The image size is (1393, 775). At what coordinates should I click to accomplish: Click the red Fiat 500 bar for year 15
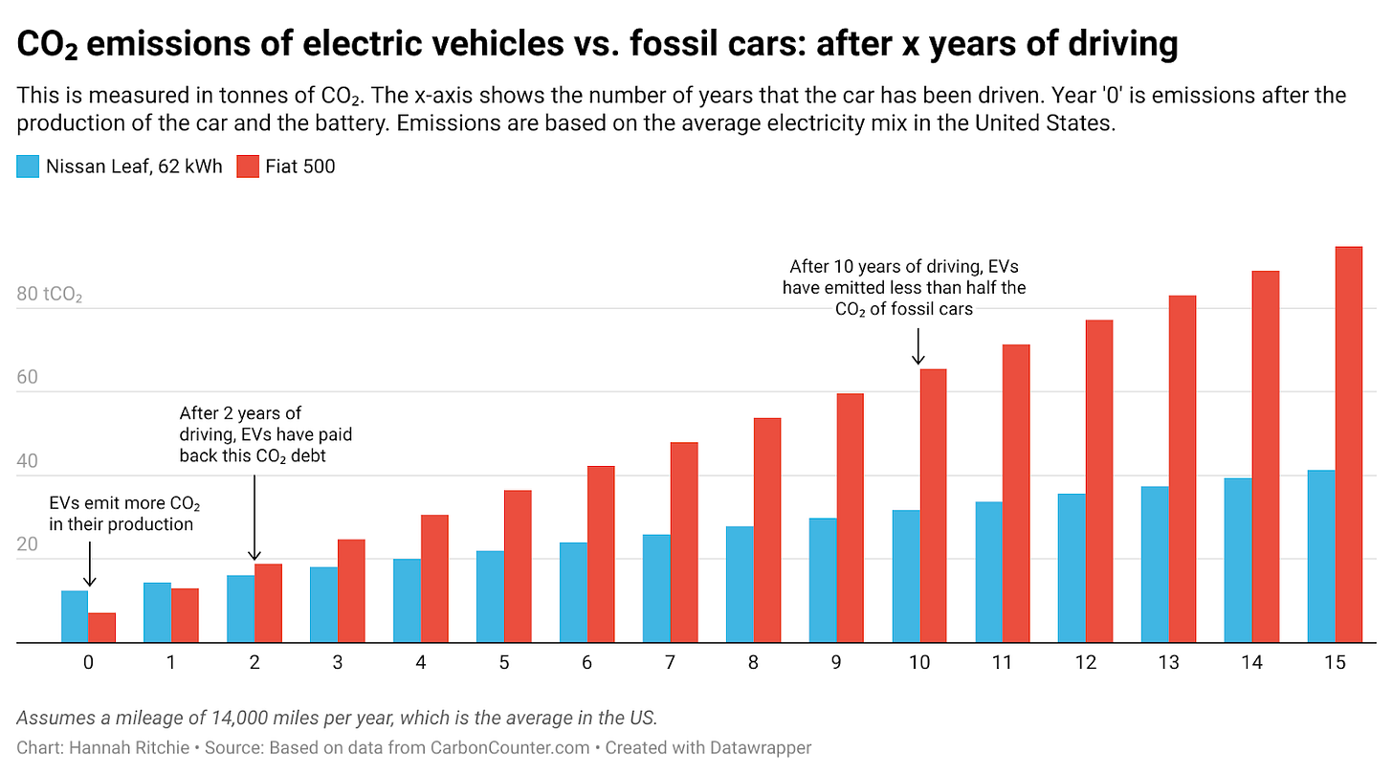pyautogui.click(x=1348, y=445)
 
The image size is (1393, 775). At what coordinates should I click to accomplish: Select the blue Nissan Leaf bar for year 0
pyautogui.click(x=75, y=617)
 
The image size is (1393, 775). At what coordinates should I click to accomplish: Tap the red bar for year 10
pyautogui.click(x=933, y=506)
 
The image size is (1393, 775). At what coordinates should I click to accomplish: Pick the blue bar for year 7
pyautogui.click(x=656, y=588)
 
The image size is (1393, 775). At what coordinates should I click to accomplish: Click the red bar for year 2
pyautogui.click(x=268, y=604)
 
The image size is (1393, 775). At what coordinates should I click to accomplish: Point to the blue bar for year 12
pyautogui.click(x=1072, y=568)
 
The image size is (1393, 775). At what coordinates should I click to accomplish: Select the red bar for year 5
pyautogui.click(x=518, y=566)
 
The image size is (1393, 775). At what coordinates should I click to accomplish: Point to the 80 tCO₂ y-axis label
pyautogui.click(x=50, y=294)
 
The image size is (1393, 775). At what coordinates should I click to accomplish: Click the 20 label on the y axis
pyautogui.click(x=28, y=544)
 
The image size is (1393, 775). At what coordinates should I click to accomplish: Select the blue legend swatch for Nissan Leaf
pyautogui.click(x=28, y=166)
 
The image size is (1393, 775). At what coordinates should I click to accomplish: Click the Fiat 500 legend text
pyautogui.click(x=300, y=166)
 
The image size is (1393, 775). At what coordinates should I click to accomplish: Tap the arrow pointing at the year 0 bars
pyautogui.click(x=89, y=565)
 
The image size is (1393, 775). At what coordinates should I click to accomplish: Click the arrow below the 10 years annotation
pyautogui.click(x=918, y=346)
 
